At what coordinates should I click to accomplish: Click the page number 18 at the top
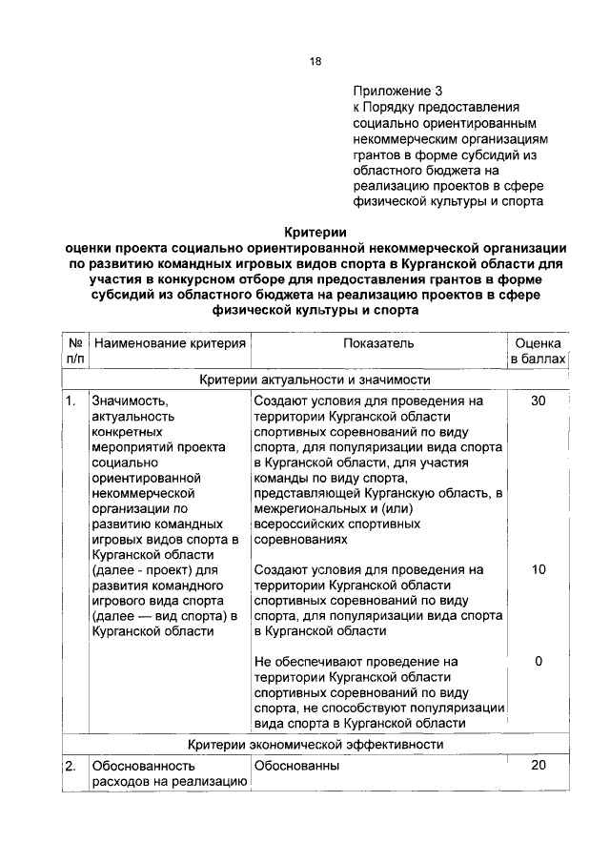[x=315, y=62]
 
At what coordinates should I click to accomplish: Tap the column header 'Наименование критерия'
[x=170, y=342]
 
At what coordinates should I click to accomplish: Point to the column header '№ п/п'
[x=74, y=351]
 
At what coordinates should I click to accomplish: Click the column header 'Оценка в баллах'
[x=539, y=351]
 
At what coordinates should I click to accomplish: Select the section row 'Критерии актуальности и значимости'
[x=315, y=380]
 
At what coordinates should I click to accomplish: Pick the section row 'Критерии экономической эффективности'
[x=315, y=744]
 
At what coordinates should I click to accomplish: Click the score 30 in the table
[x=539, y=401]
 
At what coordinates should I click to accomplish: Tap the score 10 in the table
[x=539, y=569]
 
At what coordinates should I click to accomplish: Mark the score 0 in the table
[x=539, y=661]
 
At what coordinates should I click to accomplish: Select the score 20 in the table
[x=539, y=765]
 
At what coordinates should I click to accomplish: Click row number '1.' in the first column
[x=71, y=401]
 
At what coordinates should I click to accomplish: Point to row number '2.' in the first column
[x=71, y=766]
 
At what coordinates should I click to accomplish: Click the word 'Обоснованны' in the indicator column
[x=297, y=766]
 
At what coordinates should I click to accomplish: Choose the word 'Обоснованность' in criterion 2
[x=143, y=766]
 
